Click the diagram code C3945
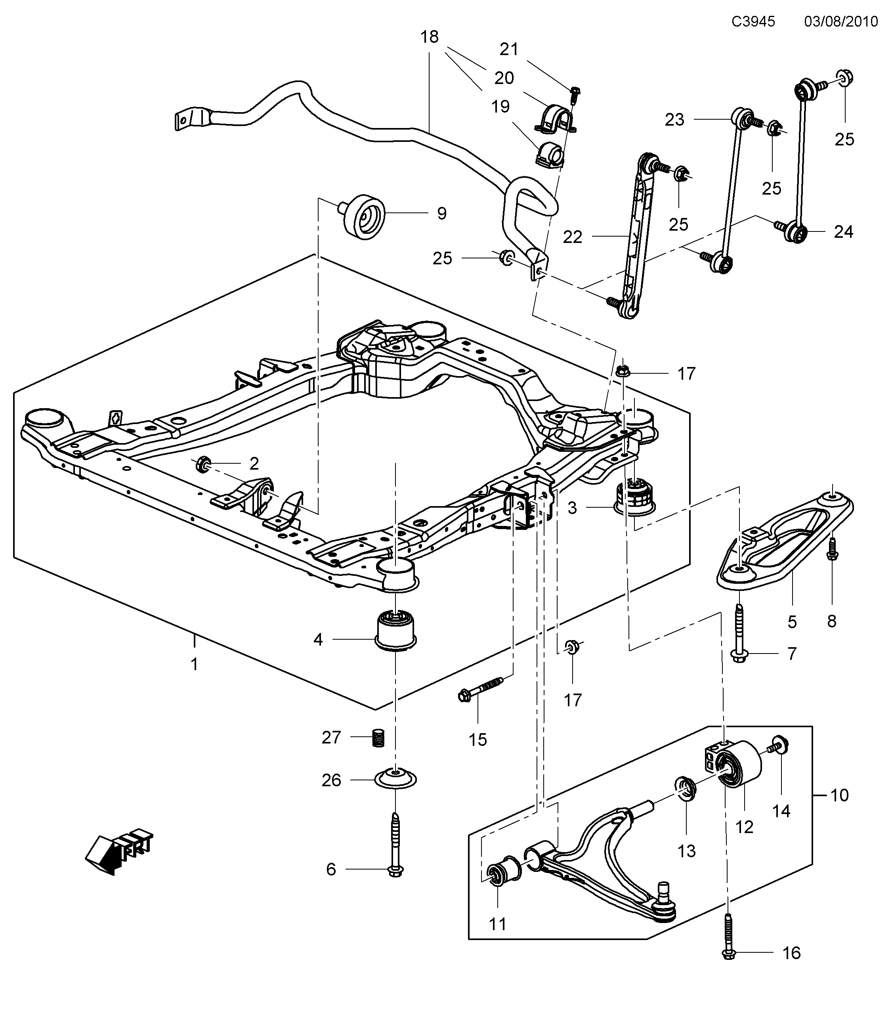tap(753, 21)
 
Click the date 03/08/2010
tap(840, 21)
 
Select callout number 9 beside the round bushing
tap(441, 214)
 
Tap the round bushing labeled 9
tap(365, 217)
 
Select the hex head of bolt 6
tap(395, 883)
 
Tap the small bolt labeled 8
tap(832, 550)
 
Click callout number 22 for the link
tap(572, 237)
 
